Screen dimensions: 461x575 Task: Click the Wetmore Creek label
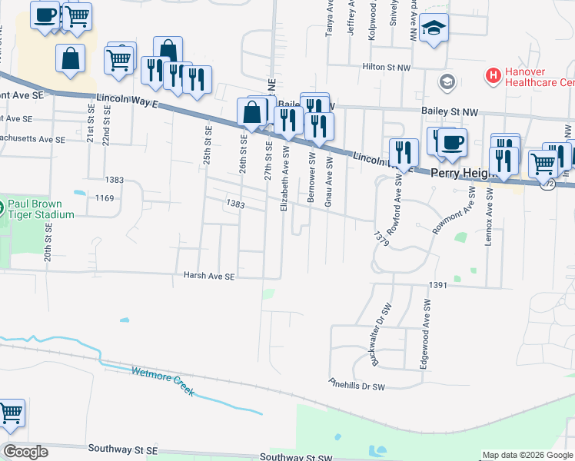pos(164,380)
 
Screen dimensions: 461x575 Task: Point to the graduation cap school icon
pos(434,28)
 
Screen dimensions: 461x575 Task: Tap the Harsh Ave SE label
pos(208,275)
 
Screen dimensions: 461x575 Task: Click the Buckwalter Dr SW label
pos(381,333)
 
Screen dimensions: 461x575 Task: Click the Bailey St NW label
pos(450,111)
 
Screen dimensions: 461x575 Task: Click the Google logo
pos(25,452)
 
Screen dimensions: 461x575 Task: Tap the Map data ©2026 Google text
pos(527,455)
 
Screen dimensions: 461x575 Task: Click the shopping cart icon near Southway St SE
pos(11,413)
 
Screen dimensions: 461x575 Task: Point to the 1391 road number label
pos(438,285)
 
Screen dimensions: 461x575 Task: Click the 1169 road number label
pos(105,199)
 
